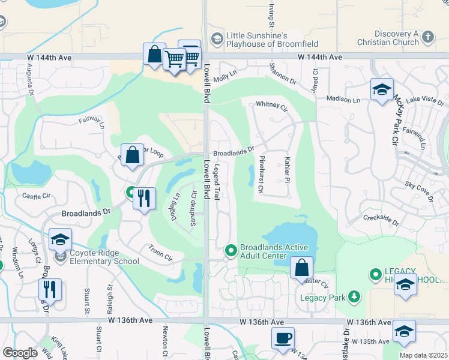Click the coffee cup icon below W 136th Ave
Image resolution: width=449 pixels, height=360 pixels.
tap(282, 337)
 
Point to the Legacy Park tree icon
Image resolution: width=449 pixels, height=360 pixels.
tap(355, 296)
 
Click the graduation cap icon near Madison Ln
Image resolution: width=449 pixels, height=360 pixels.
tap(382, 90)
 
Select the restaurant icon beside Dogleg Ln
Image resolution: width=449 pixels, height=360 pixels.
tap(144, 198)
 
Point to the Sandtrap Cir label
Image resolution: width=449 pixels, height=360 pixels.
tap(194, 204)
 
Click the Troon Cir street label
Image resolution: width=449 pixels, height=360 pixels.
tap(160, 253)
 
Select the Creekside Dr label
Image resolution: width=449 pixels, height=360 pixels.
tap(381, 219)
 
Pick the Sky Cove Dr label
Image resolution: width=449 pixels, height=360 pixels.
tap(419, 187)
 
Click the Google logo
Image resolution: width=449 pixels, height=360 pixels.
tap(20, 353)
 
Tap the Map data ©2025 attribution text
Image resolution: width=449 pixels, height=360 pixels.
tap(423, 355)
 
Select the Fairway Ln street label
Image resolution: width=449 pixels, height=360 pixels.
tap(92, 123)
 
